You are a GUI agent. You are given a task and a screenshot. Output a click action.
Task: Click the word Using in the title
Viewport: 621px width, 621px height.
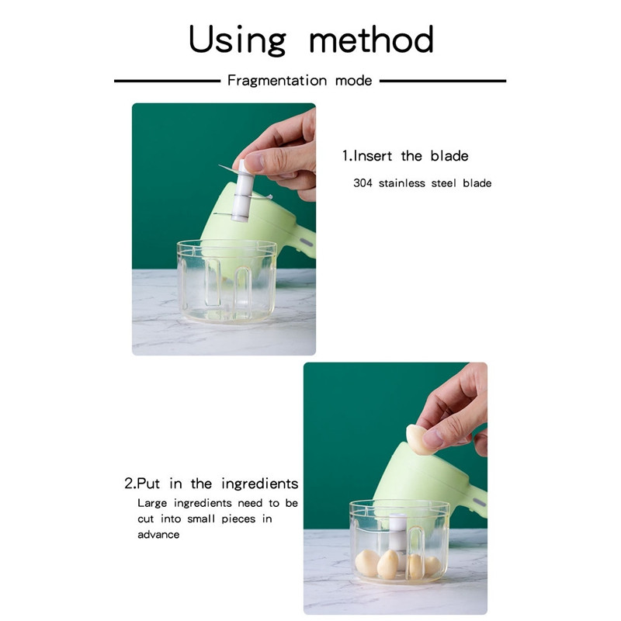pyautogui.click(x=238, y=40)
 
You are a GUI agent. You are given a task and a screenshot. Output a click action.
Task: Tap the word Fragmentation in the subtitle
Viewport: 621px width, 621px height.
pyautogui.click(x=277, y=81)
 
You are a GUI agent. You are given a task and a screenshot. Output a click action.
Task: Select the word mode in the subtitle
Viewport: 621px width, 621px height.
pyautogui.click(x=353, y=81)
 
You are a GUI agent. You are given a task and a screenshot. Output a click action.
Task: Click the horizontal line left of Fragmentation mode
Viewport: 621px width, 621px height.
pyautogui.click(x=167, y=81)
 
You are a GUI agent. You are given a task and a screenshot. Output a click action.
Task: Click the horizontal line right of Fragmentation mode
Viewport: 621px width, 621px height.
pyautogui.click(x=442, y=81)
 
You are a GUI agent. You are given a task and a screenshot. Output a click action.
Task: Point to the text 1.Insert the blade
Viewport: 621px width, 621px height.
pyautogui.click(x=405, y=156)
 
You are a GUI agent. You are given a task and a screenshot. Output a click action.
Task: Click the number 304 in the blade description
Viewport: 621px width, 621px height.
pyautogui.click(x=363, y=183)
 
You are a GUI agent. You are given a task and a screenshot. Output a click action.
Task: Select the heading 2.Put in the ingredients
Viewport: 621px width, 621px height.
pyautogui.click(x=211, y=483)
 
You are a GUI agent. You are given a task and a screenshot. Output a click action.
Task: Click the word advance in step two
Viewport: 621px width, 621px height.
pyautogui.click(x=158, y=534)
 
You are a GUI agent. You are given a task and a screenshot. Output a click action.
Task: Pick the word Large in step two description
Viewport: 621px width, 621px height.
pyautogui.click(x=152, y=503)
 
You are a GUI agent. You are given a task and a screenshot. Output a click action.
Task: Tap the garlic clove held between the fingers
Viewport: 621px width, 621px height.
pyautogui.click(x=419, y=439)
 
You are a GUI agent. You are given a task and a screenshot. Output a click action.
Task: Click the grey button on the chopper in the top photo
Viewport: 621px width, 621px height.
pyautogui.click(x=306, y=241)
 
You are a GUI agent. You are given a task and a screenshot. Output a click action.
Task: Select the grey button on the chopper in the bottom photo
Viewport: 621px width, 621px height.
pyautogui.click(x=479, y=502)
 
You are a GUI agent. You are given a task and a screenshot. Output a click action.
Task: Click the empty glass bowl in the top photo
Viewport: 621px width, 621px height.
pyautogui.click(x=227, y=281)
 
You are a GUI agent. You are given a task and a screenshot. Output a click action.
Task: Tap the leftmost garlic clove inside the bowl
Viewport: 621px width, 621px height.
pyautogui.click(x=367, y=563)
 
